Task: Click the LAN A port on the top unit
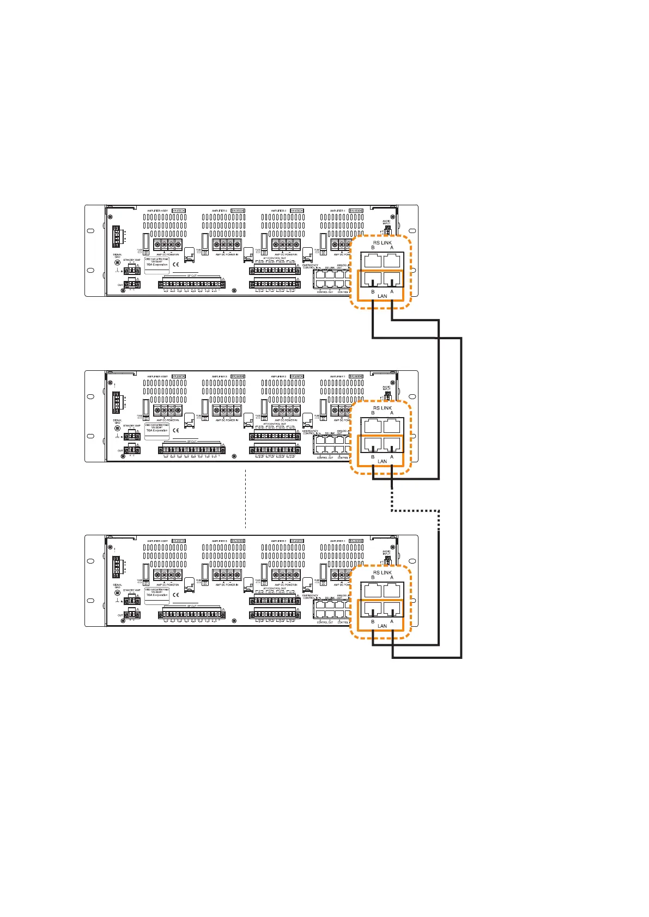(392, 279)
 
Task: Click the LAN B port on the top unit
(373, 279)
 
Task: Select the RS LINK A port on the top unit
(392, 259)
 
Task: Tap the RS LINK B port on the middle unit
(373, 425)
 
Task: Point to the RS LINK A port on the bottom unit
(392, 589)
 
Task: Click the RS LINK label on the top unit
(382, 243)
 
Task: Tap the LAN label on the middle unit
(382, 462)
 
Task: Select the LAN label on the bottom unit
(382, 626)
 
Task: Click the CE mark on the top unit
(175, 265)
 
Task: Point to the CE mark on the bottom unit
(175, 595)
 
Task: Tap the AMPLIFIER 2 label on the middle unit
(278, 376)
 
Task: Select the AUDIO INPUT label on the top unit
(386, 223)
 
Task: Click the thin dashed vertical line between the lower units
(246, 498)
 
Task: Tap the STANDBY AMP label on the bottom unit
(132, 590)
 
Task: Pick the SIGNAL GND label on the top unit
(117, 255)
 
